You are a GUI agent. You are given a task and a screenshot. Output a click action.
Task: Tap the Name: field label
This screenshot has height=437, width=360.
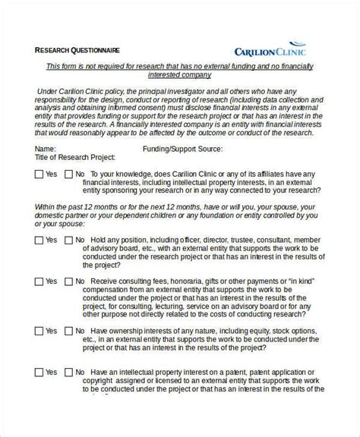point(46,149)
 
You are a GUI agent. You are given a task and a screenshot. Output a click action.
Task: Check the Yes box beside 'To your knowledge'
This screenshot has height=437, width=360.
point(39,174)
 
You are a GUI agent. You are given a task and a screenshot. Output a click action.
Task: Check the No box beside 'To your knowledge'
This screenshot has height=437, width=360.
point(68,174)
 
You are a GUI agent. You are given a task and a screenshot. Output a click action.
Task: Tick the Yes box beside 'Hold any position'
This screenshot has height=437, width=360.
point(39,241)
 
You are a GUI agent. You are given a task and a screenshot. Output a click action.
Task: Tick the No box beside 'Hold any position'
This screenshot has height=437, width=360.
point(68,241)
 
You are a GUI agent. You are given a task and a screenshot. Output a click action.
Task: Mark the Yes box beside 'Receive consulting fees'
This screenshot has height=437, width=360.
point(39,281)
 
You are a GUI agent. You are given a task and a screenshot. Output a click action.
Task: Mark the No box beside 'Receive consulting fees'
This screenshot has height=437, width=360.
point(68,281)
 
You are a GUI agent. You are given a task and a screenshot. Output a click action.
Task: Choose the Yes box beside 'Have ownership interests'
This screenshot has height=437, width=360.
point(39,331)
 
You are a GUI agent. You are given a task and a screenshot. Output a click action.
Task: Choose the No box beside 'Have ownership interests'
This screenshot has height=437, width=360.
point(68,331)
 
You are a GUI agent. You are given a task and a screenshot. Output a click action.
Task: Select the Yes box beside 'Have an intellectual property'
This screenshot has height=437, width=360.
point(39,372)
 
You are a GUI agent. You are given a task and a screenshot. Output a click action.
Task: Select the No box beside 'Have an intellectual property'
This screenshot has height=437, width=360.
point(68,372)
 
